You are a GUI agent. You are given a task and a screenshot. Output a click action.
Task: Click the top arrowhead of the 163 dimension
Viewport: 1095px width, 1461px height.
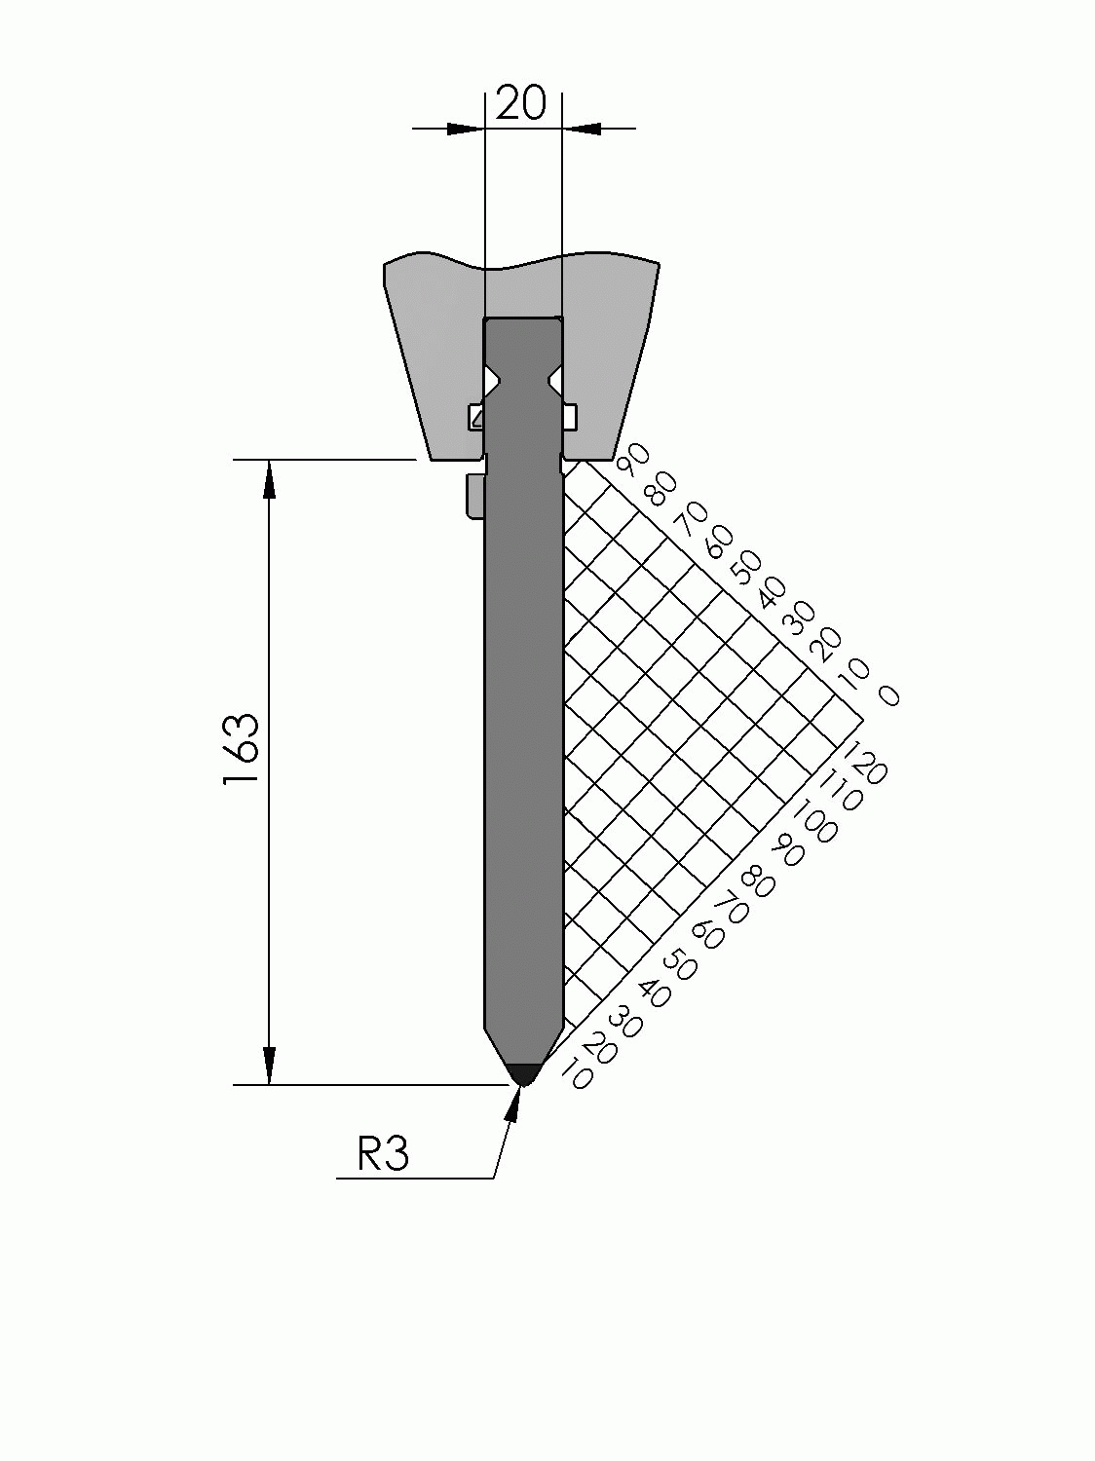click(269, 479)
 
